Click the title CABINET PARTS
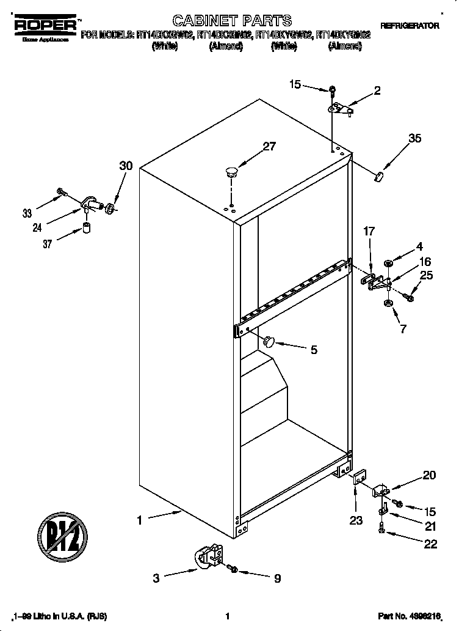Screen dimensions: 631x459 coord(224,21)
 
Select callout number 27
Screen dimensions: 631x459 coord(269,147)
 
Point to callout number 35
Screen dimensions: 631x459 coord(414,139)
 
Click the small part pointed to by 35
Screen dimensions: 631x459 coord(378,177)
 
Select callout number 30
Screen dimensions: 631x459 coord(126,166)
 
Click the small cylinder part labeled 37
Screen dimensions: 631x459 coord(87,229)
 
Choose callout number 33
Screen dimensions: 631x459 coord(27,213)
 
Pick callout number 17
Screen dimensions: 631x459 coord(369,232)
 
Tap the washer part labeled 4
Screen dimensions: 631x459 coord(388,264)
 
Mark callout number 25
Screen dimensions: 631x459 coord(426,275)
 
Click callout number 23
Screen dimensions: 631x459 coord(356,520)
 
